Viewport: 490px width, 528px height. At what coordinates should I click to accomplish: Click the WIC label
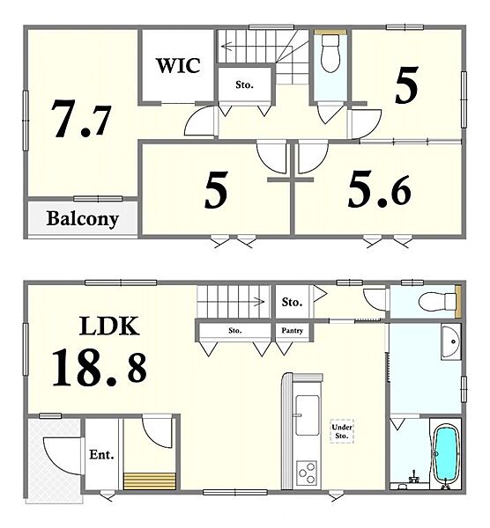click(178, 66)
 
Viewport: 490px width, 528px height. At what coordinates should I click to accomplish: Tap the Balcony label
click(83, 219)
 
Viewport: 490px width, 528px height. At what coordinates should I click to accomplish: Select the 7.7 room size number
click(81, 119)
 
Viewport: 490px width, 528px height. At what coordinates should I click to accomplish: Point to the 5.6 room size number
click(380, 190)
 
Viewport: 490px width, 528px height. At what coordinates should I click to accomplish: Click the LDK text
click(109, 326)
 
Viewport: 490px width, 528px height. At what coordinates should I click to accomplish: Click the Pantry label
click(293, 331)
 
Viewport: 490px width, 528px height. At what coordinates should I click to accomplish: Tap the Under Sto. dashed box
click(342, 431)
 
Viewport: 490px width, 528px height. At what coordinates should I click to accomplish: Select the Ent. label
click(101, 455)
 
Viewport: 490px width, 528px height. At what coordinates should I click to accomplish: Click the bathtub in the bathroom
click(445, 452)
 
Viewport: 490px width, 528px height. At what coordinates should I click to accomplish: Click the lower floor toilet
click(437, 301)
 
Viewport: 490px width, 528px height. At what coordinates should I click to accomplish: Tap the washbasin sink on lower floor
click(451, 341)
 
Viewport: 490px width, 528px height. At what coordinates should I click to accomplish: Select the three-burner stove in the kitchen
click(307, 473)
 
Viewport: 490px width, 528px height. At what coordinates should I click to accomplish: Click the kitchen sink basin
click(307, 415)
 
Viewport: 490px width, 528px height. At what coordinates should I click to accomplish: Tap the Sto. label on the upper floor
click(244, 84)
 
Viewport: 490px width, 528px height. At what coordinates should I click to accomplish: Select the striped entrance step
click(150, 480)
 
